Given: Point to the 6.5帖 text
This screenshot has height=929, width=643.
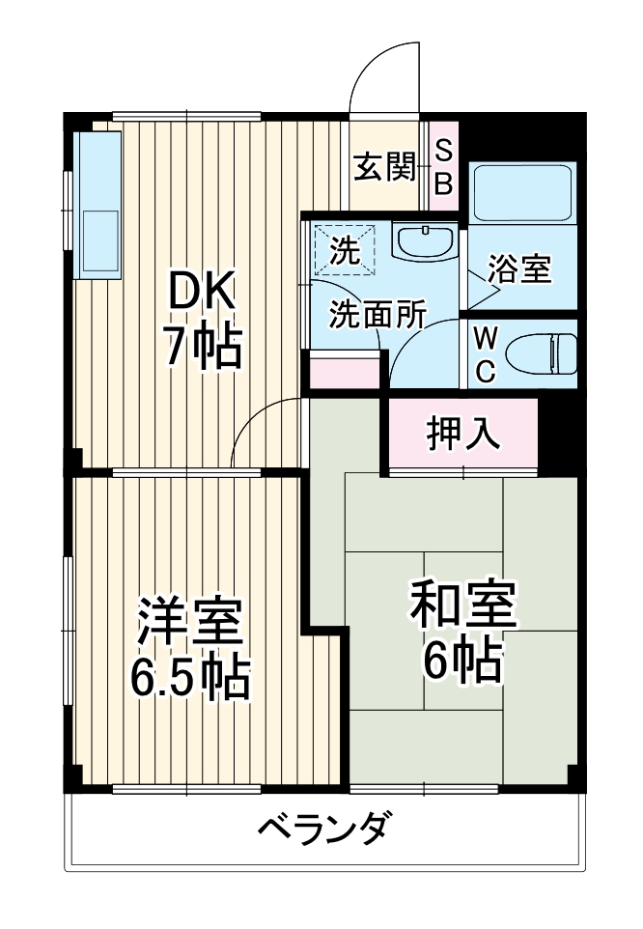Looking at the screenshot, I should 190,679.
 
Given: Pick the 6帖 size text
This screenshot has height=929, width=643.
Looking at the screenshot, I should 462,662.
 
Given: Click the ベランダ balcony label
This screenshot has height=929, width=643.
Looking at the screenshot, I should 325,828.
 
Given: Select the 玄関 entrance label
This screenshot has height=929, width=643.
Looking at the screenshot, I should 383,168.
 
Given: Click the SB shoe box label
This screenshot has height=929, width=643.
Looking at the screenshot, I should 442,166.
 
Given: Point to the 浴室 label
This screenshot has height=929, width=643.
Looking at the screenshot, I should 518,270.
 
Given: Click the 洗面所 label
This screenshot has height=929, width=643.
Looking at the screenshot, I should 377,315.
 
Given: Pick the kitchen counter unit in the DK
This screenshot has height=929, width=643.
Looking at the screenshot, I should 98,205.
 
